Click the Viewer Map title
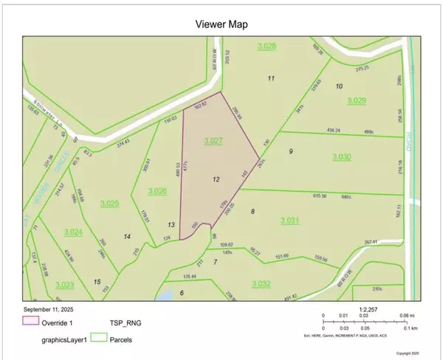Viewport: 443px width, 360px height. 221,24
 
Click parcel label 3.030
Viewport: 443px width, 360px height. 342,156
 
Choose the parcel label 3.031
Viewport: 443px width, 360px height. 291,221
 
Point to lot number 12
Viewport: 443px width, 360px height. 216,179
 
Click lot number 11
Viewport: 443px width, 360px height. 271,78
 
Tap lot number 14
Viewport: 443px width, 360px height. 128,236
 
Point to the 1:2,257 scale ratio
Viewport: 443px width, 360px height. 368,310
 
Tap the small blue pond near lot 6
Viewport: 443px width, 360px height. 166,295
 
